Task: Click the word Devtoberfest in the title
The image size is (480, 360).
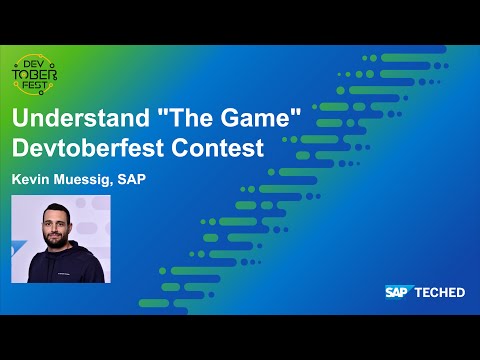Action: [x=95, y=149]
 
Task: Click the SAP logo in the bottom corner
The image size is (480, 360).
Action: [x=401, y=292]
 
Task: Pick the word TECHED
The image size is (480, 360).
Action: [x=442, y=292]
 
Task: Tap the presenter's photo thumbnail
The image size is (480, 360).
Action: [x=60, y=239]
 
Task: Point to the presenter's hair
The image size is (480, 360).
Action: [x=57, y=207]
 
